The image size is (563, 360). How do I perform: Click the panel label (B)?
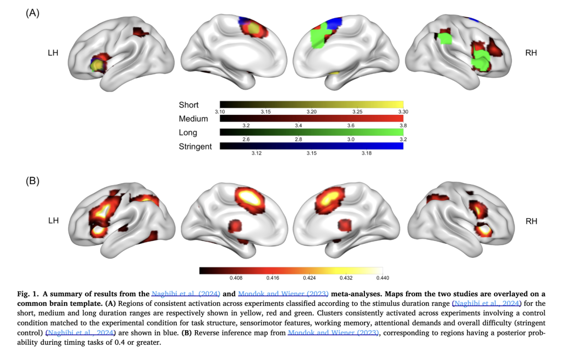(32, 181)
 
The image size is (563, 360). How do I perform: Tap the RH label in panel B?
(531, 221)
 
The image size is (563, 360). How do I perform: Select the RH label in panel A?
(531, 53)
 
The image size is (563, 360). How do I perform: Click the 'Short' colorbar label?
(188, 105)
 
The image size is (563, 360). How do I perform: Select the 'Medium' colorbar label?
(193, 118)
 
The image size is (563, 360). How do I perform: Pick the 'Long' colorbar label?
(187, 133)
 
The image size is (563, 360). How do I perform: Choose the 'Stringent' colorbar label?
(195, 147)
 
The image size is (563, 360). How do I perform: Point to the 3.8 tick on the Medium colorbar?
(403, 126)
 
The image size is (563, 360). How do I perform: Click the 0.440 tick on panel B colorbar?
(390, 278)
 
